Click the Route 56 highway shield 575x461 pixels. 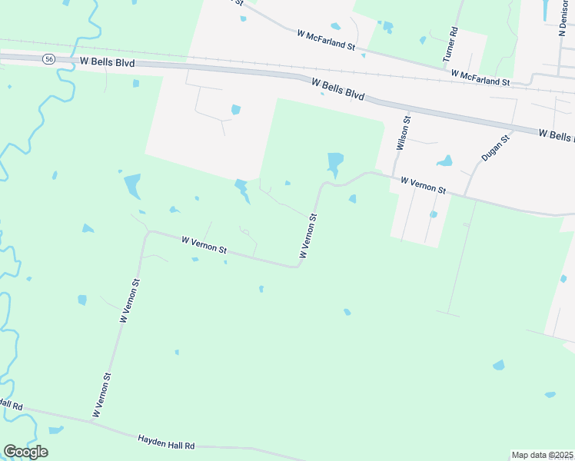pos(48,59)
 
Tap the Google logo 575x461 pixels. pos(25,451)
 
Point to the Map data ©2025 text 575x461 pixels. pos(543,455)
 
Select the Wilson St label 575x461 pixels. pos(401,133)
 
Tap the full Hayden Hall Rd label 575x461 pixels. pos(166,443)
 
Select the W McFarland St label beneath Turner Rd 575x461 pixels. pos(480,78)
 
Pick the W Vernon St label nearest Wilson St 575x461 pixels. pos(423,186)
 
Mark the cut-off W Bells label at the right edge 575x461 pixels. pos(556,135)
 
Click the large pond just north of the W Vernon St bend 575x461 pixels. pos(335,163)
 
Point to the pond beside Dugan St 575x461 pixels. pos(444,161)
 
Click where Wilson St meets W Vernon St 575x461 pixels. pos(393,176)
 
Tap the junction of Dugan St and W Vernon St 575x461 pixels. pos(464,195)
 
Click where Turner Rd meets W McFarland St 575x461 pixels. pos(447,69)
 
